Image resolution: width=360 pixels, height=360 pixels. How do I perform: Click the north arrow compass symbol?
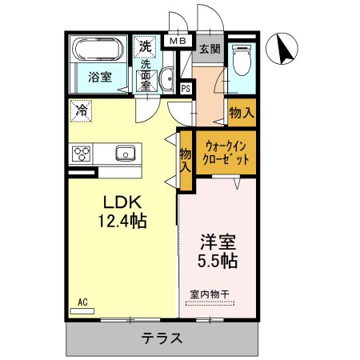pos(282,50)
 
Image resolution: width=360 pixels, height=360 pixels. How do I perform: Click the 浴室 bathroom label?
pos(100,78)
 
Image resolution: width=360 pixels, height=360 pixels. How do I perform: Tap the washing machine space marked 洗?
pos(145,46)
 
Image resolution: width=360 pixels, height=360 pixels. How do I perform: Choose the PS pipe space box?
pos(186,89)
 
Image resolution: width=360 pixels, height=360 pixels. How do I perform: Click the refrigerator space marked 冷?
pos(81,111)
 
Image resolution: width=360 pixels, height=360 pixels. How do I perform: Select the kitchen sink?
pos(125,153)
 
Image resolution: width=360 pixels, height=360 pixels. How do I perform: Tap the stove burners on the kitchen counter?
pos(82,153)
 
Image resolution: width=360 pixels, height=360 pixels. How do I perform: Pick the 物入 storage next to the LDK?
pos(186,162)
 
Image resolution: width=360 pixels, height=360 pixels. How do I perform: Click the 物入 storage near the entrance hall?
pos(241,113)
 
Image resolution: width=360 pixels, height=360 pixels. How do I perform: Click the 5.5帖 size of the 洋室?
pos(218,260)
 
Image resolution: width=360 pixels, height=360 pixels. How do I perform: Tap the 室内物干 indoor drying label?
pos(210,294)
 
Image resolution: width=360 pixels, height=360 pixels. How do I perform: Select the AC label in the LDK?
pos(82,302)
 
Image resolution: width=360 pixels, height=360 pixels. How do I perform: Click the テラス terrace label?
pos(163,338)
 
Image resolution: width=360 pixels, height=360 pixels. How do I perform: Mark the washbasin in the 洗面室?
pos(167,78)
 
